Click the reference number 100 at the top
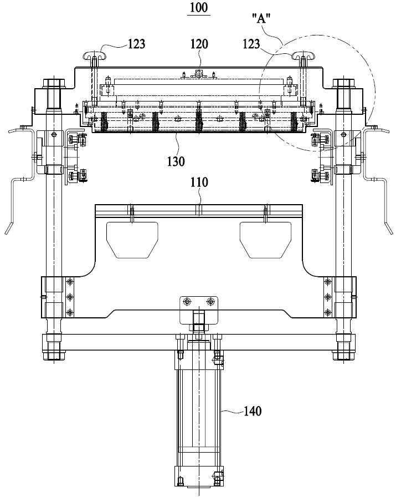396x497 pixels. pos(199,7)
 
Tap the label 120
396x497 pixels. pos(199,44)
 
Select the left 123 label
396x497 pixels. pos(136,44)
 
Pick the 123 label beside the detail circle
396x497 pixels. pos(251,44)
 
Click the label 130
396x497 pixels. pos(176,161)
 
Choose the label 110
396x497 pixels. pos(199,182)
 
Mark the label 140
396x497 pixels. pos(253,411)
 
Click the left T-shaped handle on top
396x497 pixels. pos(95,55)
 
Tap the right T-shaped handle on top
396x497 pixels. pos(304,55)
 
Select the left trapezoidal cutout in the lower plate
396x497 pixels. pos(132,240)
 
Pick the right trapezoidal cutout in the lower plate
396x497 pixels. pos(265,240)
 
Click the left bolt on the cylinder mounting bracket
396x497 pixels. pos(187,301)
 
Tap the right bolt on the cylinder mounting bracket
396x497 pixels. pos(210,301)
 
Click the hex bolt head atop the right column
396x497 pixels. pos(343,83)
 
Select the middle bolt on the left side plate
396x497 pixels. pos(70,297)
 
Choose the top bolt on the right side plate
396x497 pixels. pos(327,281)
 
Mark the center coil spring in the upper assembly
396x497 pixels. pos(199,122)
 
